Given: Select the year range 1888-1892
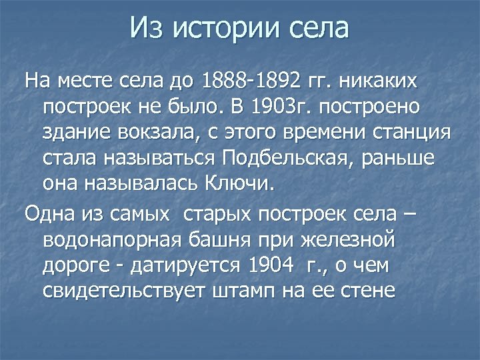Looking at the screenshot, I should tap(254, 82).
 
